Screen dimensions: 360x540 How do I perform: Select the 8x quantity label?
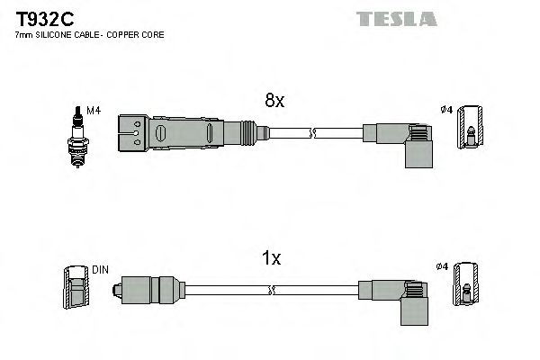click(274, 102)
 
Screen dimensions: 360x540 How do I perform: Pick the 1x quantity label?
click(271, 260)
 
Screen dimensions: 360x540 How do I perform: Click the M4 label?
click(92, 111)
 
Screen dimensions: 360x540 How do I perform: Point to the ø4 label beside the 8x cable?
click(444, 111)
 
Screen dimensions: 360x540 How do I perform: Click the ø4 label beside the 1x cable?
click(442, 267)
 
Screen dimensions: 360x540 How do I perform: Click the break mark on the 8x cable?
click(310, 134)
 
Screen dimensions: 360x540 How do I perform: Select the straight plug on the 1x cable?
click(144, 289)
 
